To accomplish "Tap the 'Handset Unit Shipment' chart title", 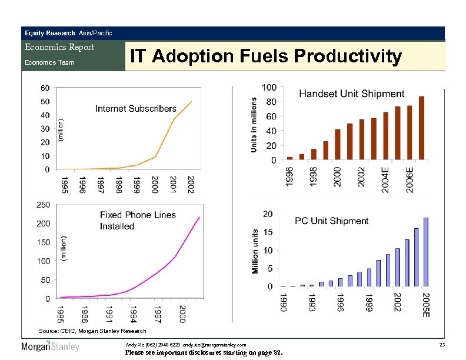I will pyautogui.click(x=352, y=94).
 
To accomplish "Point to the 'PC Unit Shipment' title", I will pyautogui.click(x=332, y=221).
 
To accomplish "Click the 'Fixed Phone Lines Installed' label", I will pyautogui.click(x=138, y=221).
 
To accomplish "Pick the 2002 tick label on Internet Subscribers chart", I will pyautogui.click(x=191, y=186).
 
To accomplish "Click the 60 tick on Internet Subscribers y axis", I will pyautogui.click(x=45, y=88).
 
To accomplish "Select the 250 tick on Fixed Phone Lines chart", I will pyautogui.click(x=43, y=204).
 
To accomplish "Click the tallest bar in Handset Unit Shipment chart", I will pyautogui.click(x=421, y=128).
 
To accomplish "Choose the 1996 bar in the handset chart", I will pyautogui.click(x=289, y=158).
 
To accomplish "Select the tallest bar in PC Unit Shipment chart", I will pyautogui.click(x=425, y=252).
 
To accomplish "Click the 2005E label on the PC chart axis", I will pyautogui.click(x=426, y=305).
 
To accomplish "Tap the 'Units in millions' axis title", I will pyautogui.click(x=254, y=125).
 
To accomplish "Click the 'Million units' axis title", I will pyautogui.click(x=255, y=252).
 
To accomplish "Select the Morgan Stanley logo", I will pyautogui.click(x=51, y=346).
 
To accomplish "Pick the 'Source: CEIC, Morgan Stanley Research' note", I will pyautogui.click(x=92, y=331).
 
